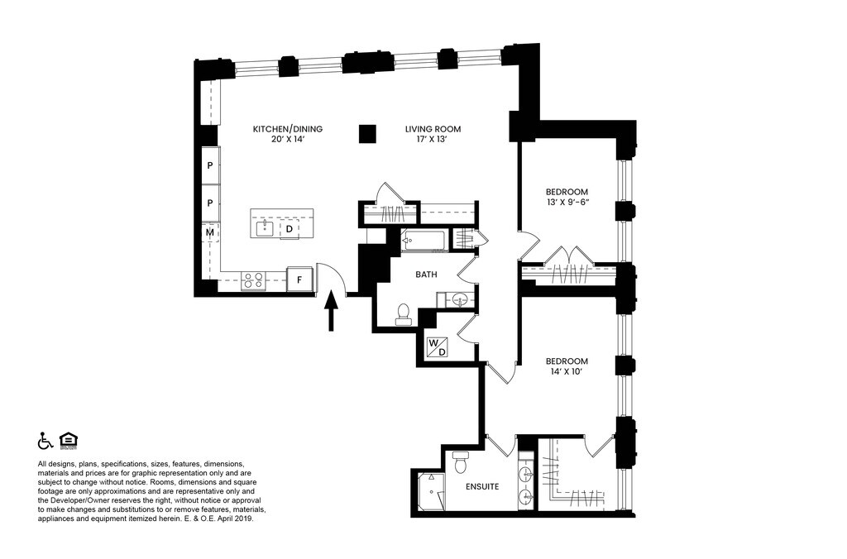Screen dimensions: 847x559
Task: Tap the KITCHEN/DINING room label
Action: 288,129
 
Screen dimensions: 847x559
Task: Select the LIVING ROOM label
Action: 433,129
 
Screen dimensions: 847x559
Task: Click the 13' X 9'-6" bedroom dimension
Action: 567,203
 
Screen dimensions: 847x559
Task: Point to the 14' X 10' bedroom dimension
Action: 567,372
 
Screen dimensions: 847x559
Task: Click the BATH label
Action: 426,275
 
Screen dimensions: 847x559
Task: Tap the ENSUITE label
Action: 482,486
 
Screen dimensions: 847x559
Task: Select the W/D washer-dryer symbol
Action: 438,347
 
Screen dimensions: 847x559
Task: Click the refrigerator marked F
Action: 299,279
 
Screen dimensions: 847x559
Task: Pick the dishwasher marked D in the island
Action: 290,229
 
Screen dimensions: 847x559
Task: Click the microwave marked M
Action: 211,232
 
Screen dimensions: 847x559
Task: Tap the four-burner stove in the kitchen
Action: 253,280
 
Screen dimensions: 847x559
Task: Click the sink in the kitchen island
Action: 265,228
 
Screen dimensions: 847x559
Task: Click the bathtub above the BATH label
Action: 423,241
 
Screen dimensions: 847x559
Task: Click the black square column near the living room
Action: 367,134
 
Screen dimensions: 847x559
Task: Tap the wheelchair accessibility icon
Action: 45,441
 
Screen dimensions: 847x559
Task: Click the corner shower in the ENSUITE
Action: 433,490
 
